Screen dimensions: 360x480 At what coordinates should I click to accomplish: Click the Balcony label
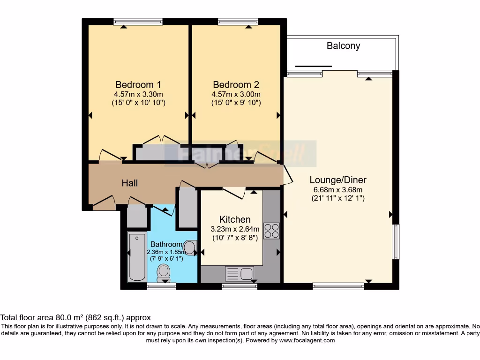[343, 46]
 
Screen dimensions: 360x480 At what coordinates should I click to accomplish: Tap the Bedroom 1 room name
[138, 85]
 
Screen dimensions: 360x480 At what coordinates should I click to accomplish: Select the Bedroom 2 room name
[236, 85]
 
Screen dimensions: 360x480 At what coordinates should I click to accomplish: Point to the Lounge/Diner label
[338, 180]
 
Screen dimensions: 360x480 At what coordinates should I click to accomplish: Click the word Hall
[130, 183]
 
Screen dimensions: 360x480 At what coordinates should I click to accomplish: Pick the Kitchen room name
[235, 219]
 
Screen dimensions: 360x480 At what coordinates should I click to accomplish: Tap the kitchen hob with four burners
[271, 231]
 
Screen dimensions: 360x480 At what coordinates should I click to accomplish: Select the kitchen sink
[240, 273]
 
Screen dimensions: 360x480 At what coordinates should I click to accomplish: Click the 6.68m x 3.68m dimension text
[338, 190]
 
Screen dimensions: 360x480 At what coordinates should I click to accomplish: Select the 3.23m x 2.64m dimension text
[235, 229]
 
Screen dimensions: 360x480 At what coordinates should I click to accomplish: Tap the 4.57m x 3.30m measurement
[138, 94]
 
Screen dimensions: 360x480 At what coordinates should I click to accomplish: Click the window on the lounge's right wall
[396, 241]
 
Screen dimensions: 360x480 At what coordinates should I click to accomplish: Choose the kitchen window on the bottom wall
[239, 286]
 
